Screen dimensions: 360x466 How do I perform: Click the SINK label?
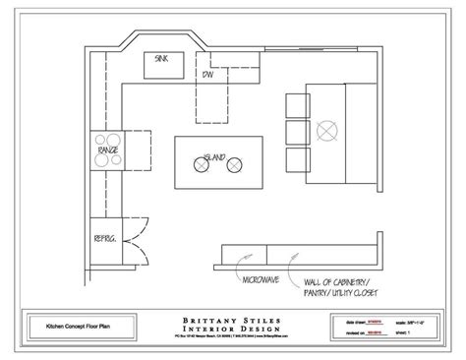161,58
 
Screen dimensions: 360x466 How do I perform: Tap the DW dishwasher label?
208,75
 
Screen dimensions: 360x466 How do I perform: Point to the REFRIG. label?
106,238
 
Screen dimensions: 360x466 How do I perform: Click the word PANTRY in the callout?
316,294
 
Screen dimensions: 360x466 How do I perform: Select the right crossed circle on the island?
234,167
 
